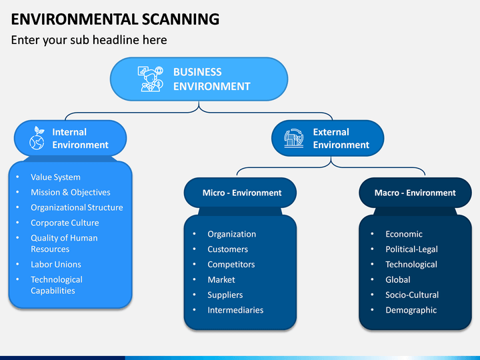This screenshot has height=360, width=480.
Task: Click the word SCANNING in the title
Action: tap(181, 19)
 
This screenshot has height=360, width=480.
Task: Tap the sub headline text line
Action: tap(89, 40)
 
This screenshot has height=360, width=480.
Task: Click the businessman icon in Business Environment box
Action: tap(151, 79)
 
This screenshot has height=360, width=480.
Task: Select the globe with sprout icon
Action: tap(37, 138)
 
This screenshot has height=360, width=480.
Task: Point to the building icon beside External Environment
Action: tap(294, 138)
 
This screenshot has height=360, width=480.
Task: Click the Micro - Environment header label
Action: tap(242, 193)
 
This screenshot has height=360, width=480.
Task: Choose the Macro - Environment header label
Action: tap(415, 193)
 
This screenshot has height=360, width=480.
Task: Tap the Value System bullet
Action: tap(55, 177)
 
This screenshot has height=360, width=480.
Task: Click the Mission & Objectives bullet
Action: tap(71, 192)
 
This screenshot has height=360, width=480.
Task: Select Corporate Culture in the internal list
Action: tap(65, 223)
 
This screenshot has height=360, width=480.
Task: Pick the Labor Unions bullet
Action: tap(56, 265)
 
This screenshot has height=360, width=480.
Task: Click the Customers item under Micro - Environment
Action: tap(227, 249)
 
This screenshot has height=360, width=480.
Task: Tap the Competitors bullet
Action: tap(231, 265)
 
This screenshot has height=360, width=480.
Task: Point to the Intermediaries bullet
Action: tap(235, 310)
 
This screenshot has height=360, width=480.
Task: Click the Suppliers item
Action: tap(225, 295)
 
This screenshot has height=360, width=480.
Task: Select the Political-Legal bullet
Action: tap(411, 249)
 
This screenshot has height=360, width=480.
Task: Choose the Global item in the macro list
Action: tap(397, 280)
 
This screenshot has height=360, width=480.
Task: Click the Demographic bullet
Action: tap(411, 311)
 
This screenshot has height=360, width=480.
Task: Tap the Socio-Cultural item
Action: tap(412, 295)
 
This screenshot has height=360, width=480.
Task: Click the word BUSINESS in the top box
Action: tap(197, 72)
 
